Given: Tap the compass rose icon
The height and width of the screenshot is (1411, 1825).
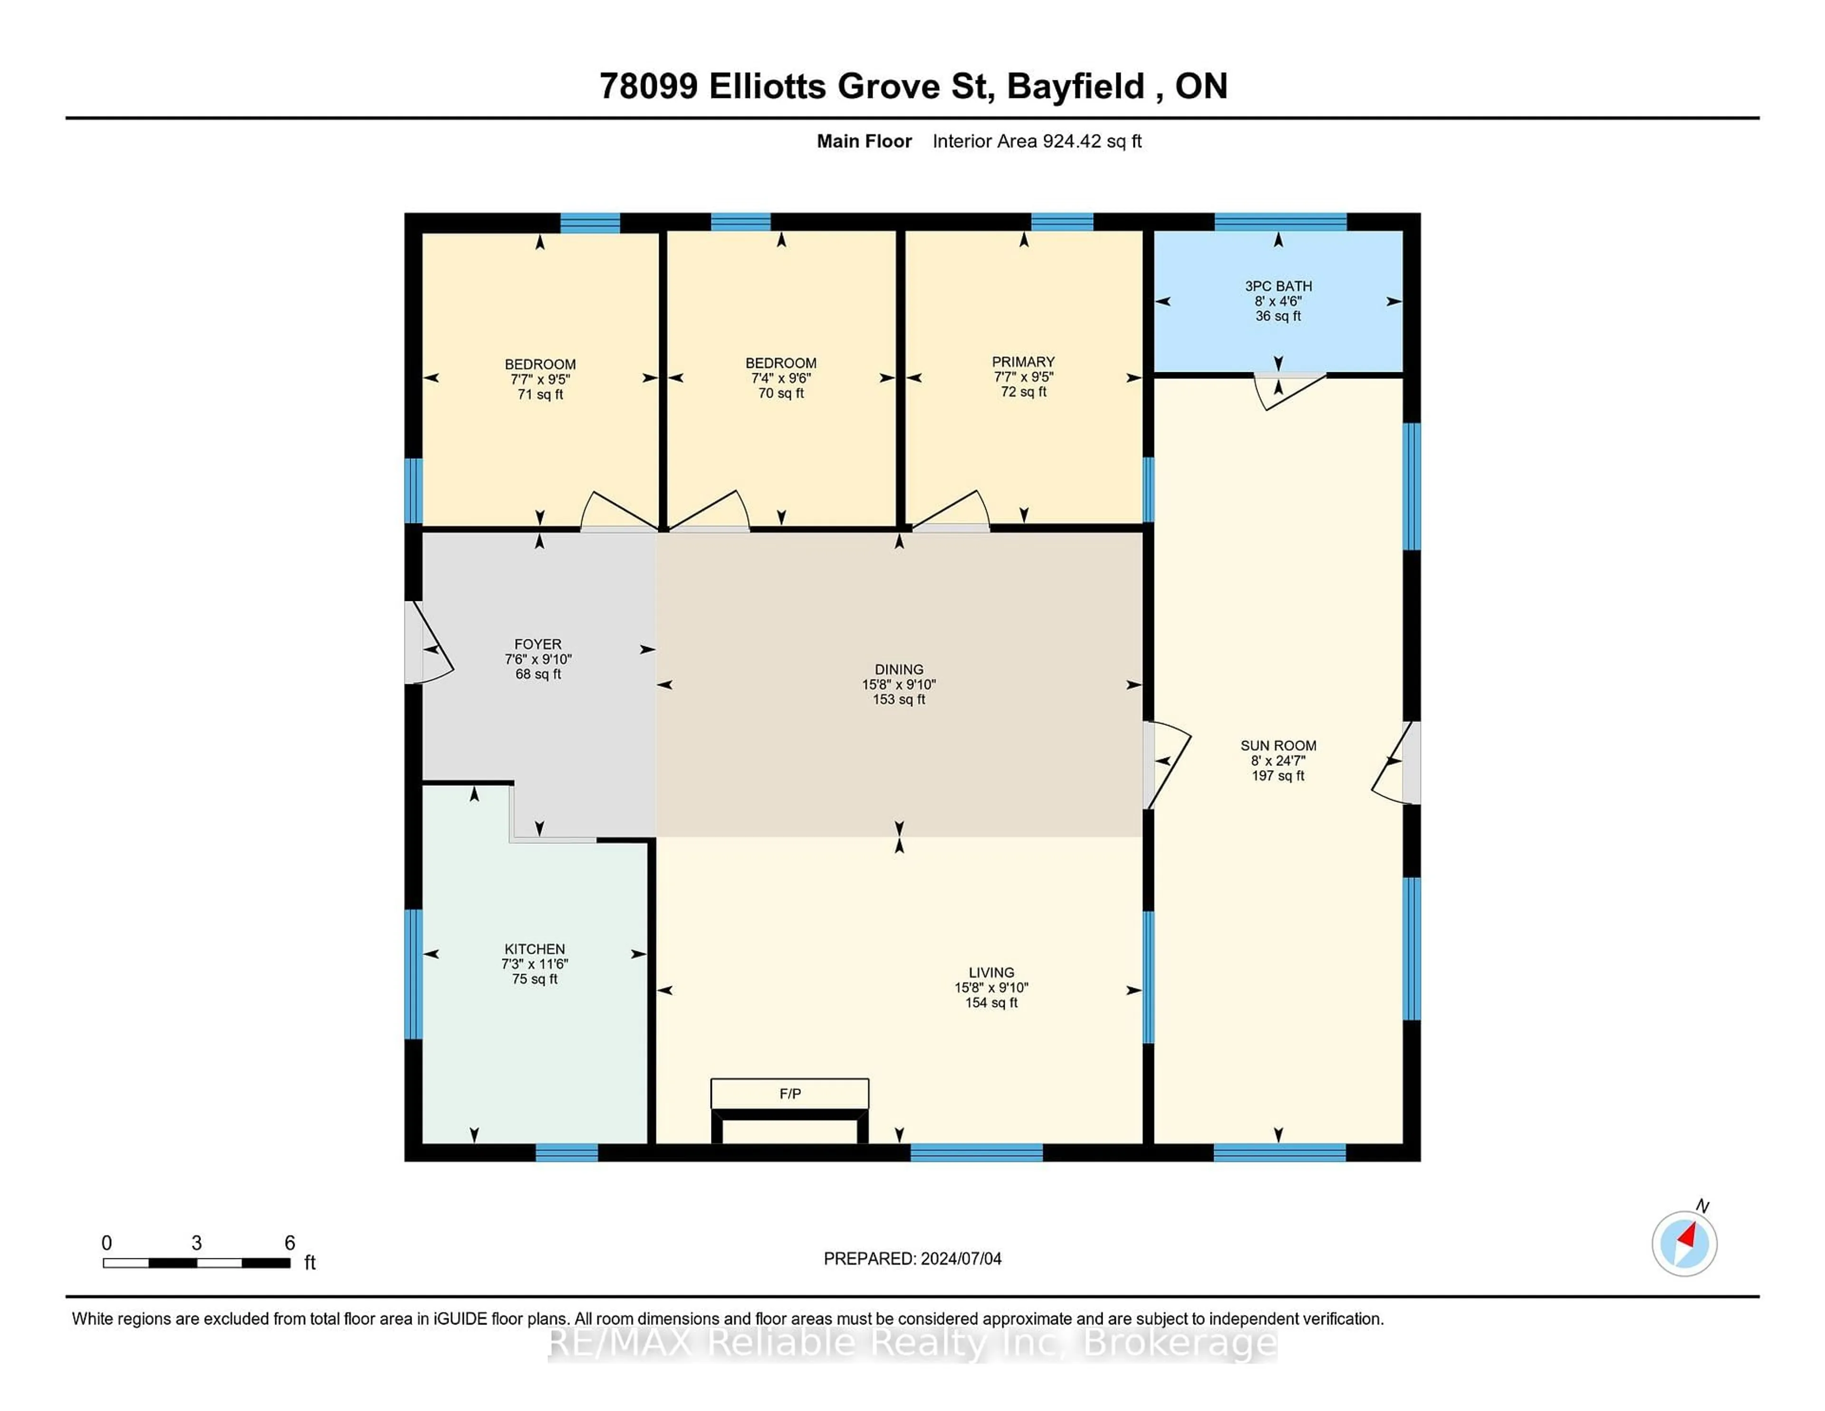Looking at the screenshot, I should [x=1684, y=1244].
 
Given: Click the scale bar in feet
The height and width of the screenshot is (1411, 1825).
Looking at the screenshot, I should [x=196, y=1262].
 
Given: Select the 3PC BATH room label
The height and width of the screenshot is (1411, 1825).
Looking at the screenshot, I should [x=1277, y=286].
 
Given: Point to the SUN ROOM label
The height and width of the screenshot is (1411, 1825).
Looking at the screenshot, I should [x=1277, y=745].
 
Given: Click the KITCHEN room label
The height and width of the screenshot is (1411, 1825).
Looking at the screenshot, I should [x=535, y=949].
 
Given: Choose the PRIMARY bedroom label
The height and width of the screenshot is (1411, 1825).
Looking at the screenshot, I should [x=1023, y=362].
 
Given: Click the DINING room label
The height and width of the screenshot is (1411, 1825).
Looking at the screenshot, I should [x=898, y=669].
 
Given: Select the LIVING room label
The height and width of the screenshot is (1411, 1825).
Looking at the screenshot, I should [x=991, y=972].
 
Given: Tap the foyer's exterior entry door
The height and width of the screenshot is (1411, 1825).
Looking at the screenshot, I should [x=428, y=644].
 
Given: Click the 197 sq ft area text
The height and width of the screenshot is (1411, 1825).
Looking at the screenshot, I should [x=1277, y=776].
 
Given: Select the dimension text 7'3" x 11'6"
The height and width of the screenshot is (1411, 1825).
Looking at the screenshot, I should [x=535, y=964].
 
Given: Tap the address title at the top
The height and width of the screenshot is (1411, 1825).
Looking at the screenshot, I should [x=912, y=86].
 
